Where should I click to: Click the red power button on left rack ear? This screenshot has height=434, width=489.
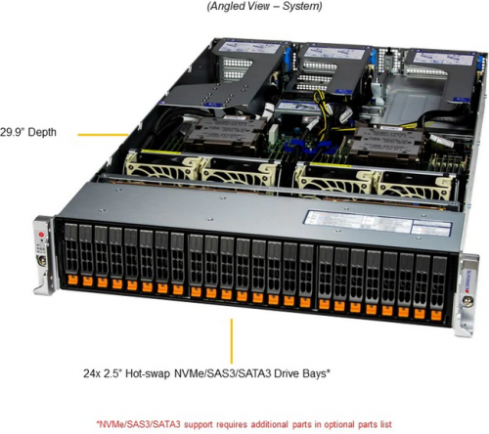coord(41,235)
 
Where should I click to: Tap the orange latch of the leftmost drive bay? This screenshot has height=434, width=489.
coord(72,280)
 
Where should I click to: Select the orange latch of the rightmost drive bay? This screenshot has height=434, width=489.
coord(436,315)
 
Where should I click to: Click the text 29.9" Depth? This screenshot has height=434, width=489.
coord(28,132)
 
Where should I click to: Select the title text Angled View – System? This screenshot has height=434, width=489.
coord(264,6)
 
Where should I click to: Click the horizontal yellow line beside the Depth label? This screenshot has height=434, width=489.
coord(103,134)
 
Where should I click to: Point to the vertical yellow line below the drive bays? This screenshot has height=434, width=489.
coord(232,341)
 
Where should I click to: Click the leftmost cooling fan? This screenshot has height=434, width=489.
coord(162,167)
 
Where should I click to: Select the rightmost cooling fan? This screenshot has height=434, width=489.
coord(414,187)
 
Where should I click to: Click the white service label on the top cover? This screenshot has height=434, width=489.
coord(378,223)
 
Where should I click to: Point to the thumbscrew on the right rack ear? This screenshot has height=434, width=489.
coord(467,301)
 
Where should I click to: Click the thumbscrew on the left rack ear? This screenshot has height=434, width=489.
coord(41,260)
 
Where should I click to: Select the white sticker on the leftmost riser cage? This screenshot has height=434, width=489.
coord(249,48)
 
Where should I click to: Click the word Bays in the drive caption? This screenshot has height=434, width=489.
coord(314,373)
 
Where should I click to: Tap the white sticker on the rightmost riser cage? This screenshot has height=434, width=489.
coord(443,59)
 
